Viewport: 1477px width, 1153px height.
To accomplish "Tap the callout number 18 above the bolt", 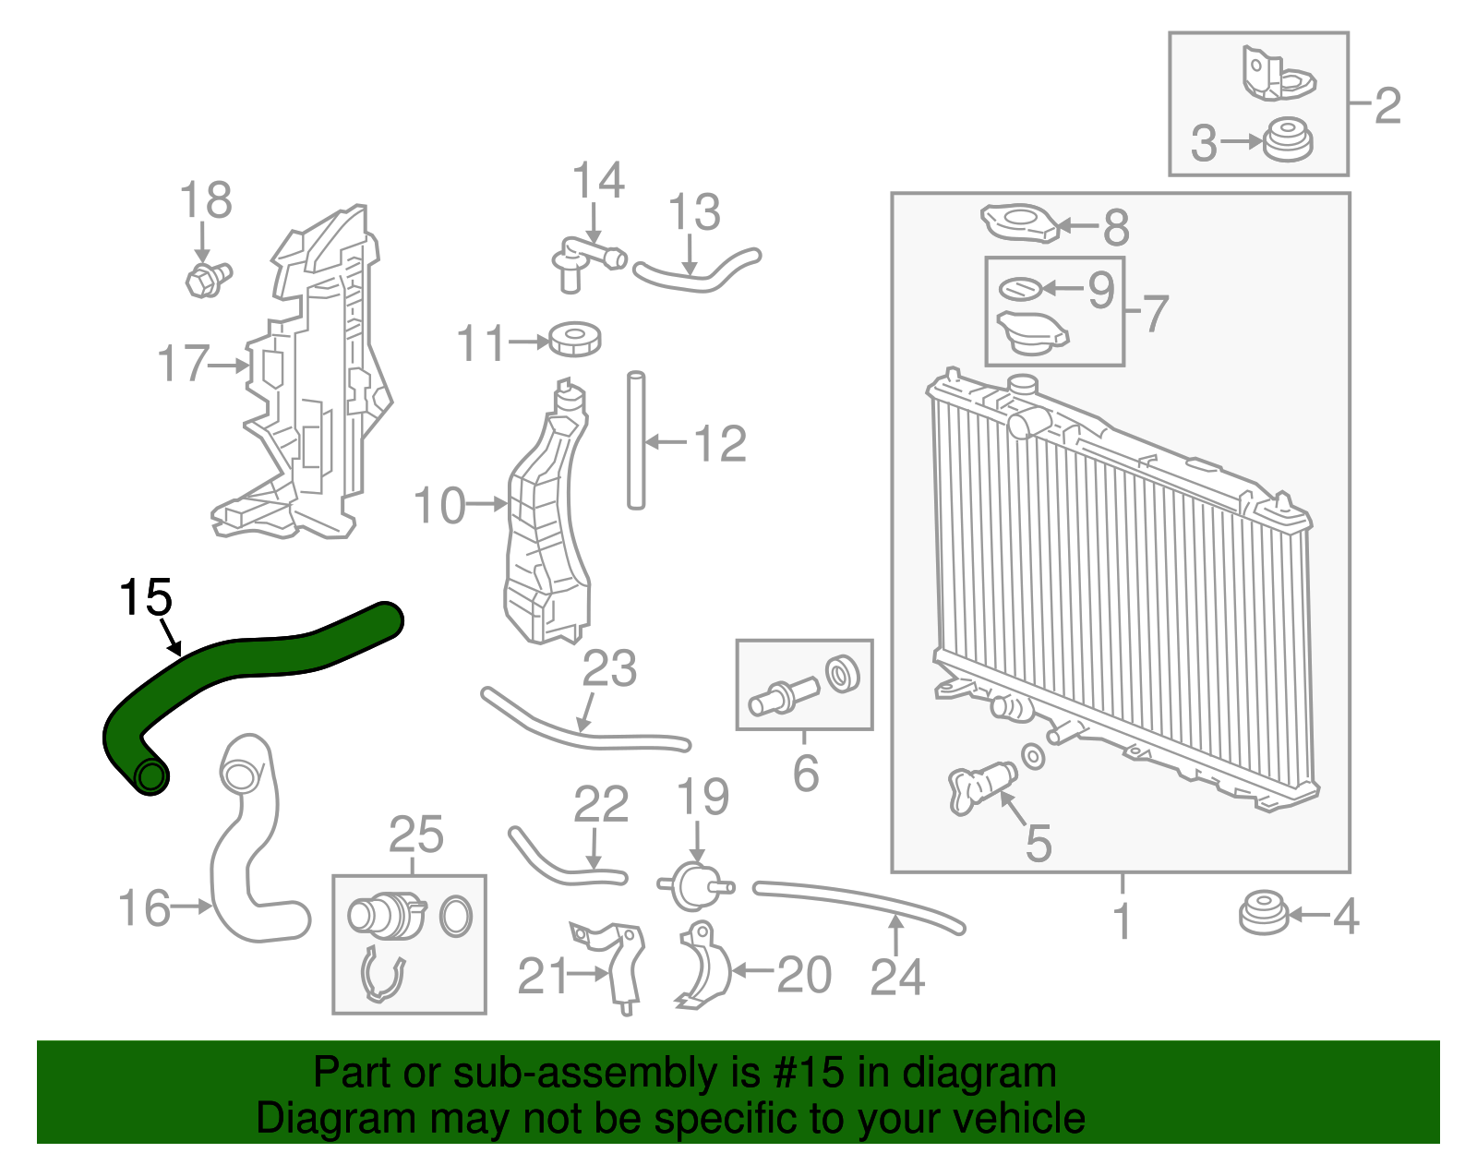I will (205, 200).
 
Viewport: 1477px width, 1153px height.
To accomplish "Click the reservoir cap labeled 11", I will (574, 340).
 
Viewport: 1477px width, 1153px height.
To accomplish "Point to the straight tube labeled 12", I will (635, 440).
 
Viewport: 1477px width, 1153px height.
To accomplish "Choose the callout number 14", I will (597, 181).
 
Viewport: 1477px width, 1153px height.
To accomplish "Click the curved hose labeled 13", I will (697, 270).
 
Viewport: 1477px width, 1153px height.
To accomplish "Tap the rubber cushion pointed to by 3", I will (1287, 141).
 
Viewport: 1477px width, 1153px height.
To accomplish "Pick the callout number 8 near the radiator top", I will (1116, 226).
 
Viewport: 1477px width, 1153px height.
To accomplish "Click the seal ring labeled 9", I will (1019, 289).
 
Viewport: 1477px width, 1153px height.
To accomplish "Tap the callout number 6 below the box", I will (805, 773).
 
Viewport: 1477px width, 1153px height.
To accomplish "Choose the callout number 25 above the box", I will (415, 835).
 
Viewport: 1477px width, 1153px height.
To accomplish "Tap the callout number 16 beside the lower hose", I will (144, 908).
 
